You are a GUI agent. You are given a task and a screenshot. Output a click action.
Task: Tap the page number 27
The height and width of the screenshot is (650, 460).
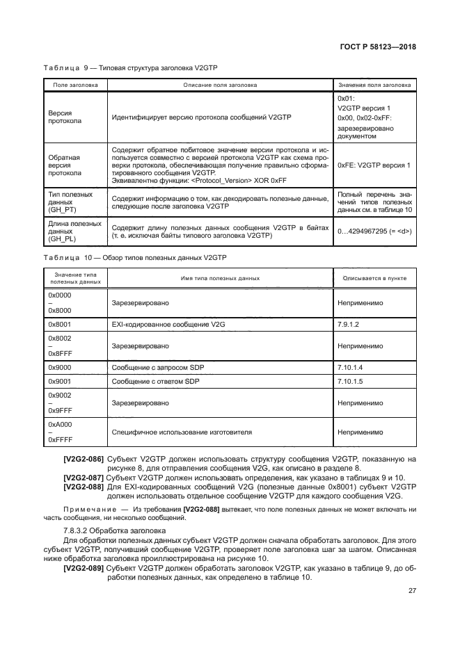(412, 591)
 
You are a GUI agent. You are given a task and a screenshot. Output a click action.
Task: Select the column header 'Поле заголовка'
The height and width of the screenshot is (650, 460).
(75, 85)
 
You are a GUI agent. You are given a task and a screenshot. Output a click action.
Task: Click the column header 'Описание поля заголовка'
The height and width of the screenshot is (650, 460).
(220, 85)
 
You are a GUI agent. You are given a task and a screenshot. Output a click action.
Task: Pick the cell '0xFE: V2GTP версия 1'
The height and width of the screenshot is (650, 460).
(373, 165)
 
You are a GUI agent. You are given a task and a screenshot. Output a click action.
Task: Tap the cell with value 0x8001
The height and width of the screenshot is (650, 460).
(60, 324)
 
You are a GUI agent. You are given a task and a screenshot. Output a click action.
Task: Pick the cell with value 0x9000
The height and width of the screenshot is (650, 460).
(60, 366)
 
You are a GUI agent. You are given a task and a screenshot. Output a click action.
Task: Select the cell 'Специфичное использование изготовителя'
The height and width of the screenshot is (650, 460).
(182, 432)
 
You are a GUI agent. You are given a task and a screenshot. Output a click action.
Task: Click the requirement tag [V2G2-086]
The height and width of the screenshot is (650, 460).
(84, 459)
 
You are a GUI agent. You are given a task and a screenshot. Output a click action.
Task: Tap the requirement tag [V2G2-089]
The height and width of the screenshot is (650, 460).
(84, 567)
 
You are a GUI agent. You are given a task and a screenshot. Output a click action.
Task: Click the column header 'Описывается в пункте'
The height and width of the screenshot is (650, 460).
(373, 278)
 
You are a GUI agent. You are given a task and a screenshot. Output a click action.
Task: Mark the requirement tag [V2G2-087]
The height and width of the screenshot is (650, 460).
(84, 478)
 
